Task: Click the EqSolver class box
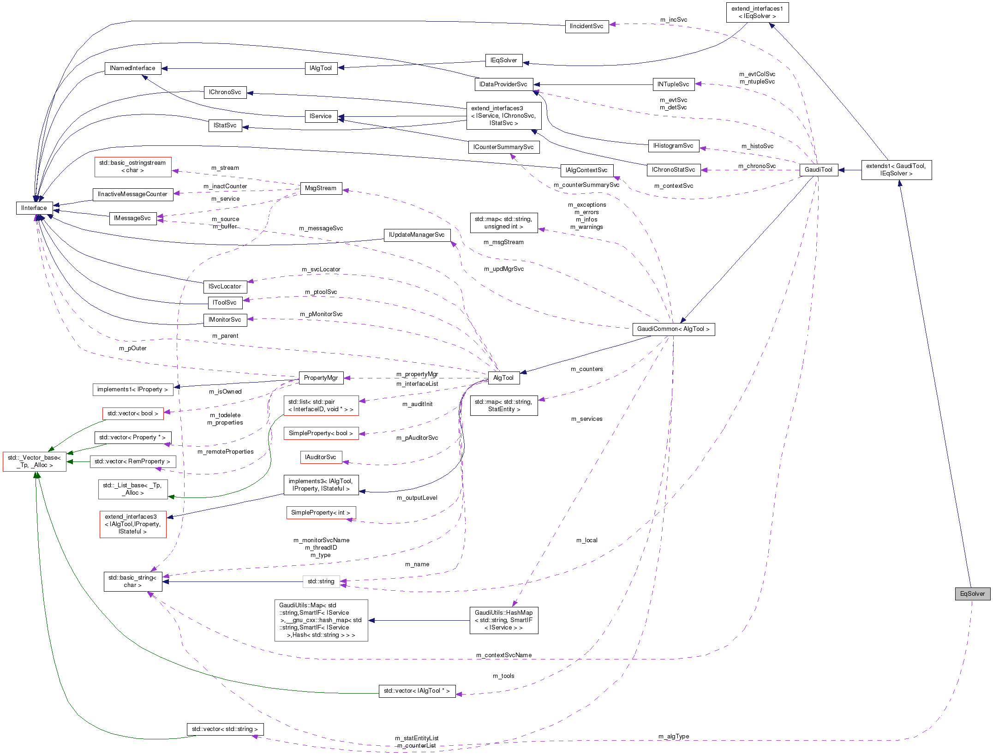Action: [x=972, y=594]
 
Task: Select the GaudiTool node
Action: [x=818, y=170]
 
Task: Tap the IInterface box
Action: [x=34, y=208]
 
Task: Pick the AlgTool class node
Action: [x=503, y=378]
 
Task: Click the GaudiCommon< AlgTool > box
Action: [x=673, y=329]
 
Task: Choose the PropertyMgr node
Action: [x=321, y=378]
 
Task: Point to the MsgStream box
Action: [x=321, y=188]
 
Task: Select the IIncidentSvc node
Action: [x=586, y=26]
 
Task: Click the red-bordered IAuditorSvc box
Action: [x=321, y=457]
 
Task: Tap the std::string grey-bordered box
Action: [x=321, y=581]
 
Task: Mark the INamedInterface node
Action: [x=132, y=68]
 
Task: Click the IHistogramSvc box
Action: [x=673, y=146]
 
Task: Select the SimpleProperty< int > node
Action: [x=321, y=513]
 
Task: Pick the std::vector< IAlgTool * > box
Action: [x=417, y=691]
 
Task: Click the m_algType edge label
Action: [x=673, y=737]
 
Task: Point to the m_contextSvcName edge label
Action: [x=504, y=655]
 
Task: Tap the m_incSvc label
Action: [x=673, y=20]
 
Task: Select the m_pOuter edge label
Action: [x=132, y=348]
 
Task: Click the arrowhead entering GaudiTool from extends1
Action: [x=841, y=170]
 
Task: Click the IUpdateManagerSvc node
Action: [x=417, y=235]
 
